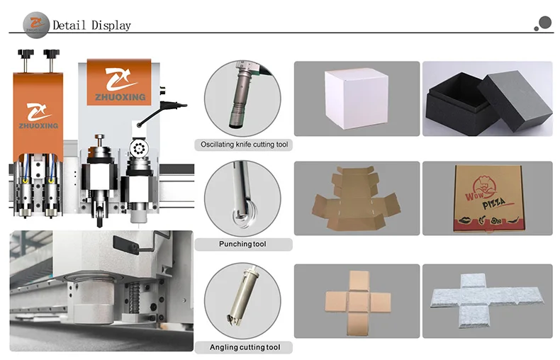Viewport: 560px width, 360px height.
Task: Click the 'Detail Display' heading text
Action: point(92,26)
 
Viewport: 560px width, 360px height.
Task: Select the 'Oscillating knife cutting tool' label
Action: point(245,145)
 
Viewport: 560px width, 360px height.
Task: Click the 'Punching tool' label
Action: point(245,244)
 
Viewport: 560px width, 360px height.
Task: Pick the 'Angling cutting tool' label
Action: point(245,347)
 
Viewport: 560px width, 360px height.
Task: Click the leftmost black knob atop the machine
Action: point(28,53)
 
